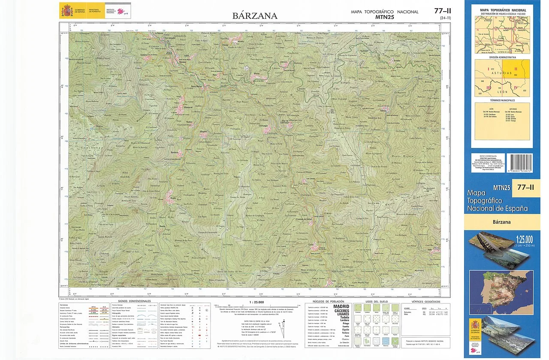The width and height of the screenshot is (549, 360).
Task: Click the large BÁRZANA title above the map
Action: pyautogui.click(x=255, y=16)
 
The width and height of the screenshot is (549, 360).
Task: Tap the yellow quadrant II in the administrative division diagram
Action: pyautogui.click(x=516, y=69)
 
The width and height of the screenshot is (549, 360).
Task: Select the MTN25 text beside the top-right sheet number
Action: pyautogui.click(x=384, y=17)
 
